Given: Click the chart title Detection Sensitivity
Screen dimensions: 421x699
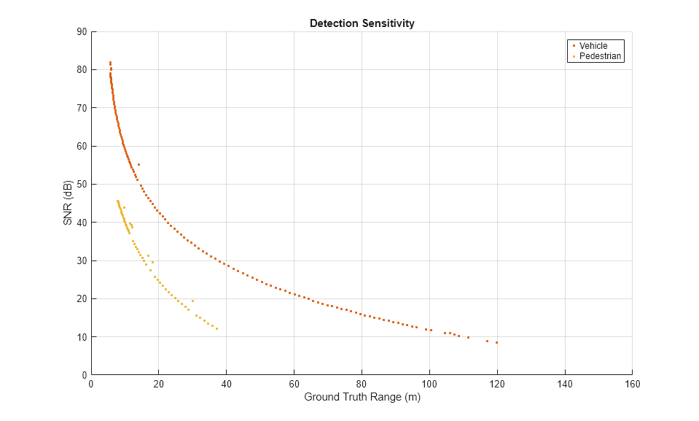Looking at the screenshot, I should (362, 23).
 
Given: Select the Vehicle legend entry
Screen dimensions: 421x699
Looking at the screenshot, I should (593, 46).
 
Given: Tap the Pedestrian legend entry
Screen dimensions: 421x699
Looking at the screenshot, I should (601, 56).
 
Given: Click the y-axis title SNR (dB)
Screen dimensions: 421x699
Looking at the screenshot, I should (67, 203).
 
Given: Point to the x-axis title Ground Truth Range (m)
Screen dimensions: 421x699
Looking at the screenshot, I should (362, 398).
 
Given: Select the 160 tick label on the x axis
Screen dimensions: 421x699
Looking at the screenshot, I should (632, 385).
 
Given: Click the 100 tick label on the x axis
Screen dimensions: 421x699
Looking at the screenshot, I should (429, 385).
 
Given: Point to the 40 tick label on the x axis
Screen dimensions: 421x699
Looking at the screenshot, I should (227, 385).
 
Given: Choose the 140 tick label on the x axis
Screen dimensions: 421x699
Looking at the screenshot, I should (565, 385).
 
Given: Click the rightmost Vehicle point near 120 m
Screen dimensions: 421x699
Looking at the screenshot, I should (497, 342).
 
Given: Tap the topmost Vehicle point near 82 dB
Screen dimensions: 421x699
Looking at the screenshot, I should (110, 62).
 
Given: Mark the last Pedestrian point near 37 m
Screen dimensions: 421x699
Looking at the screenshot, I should (216, 329).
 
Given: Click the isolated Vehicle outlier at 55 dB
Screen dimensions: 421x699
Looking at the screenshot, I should (138, 165).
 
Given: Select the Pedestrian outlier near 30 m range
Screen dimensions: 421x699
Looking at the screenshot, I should (192, 301).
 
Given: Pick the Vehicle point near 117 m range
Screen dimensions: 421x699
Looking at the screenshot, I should (488, 341).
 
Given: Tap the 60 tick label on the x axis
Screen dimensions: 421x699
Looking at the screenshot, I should (294, 385).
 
